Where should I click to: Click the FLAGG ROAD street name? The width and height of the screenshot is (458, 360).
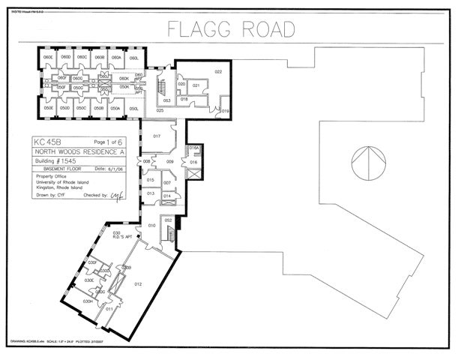(x=230, y=29)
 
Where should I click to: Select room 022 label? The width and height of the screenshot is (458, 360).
(x=219, y=72)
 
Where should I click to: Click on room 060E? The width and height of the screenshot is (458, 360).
(x=48, y=57)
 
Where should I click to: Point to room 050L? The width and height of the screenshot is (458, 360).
(x=133, y=109)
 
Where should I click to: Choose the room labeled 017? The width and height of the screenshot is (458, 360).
(x=157, y=136)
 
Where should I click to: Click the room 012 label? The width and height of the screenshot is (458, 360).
(x=138, y=284)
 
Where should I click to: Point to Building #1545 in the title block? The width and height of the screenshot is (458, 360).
(x=55, y=161)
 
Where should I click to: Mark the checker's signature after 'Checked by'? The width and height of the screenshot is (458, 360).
(x=116, y=195)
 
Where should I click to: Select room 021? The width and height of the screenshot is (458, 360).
(x=196, y=85)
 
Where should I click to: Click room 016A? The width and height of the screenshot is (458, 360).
(x=193, y=148)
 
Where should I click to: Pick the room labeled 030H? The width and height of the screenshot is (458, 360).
(x=88, y=301)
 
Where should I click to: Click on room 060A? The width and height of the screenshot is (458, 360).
(x=116, y=57)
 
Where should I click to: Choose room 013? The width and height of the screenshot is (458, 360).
(x=151, y=193)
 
